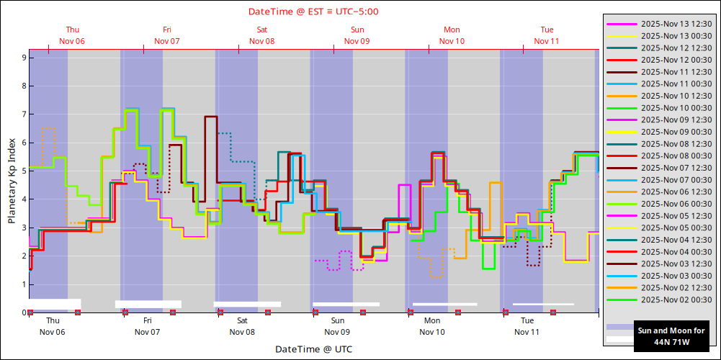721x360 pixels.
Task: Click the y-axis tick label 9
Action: (23, 58)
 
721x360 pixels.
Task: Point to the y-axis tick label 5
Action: (23, 171)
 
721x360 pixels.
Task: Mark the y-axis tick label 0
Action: (23, 313)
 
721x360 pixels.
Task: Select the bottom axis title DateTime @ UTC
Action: (313, 349)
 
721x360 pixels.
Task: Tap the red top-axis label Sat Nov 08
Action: (262, 35)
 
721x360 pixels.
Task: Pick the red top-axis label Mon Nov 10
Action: (452, 35)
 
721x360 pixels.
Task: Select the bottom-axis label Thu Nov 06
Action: (53, 326)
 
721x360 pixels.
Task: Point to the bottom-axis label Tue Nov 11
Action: (527, 326)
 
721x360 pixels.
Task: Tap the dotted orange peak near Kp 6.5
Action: (48, 128)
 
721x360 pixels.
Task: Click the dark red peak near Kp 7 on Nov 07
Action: (211, 117)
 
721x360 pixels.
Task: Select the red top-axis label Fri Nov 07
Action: (167, 35)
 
